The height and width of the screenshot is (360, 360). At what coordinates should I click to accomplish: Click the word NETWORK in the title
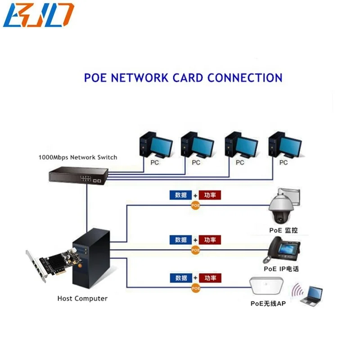(x=139, y=77)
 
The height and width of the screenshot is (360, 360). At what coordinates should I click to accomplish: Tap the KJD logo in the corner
(x=38, y=15)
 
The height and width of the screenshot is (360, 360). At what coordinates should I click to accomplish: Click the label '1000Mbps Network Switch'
(x=78, y=157)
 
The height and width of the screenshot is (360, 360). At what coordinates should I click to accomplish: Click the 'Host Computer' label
(x=82, y=298)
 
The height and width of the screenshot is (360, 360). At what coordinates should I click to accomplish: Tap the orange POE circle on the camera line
(x=195, y=205)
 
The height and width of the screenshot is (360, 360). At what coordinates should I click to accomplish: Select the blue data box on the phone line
(x=181, y=240)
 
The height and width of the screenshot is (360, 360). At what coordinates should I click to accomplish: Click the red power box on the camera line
(x=210, y=195)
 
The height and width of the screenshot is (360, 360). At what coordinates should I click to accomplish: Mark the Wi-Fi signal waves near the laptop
(x=296, y=292)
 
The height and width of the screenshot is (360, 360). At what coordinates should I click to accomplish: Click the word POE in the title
(x=96, y=77)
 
